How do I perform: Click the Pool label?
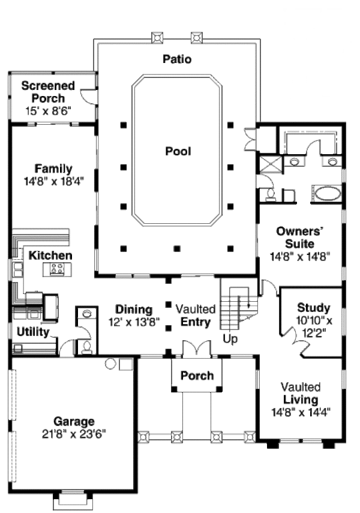click(178, 151)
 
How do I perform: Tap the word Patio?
click(177, 59)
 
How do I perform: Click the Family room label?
click(53, 169)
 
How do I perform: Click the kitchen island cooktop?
click(58, 269)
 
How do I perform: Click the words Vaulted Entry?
click(196, 316)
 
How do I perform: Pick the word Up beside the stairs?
click(231, 339)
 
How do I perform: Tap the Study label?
click(313, 308)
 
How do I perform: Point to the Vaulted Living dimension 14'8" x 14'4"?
click(301, 412)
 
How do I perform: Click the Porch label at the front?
click(197, 376)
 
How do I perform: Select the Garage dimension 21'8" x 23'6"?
click(74, 433)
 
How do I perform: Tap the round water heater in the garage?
click(110, 364)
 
